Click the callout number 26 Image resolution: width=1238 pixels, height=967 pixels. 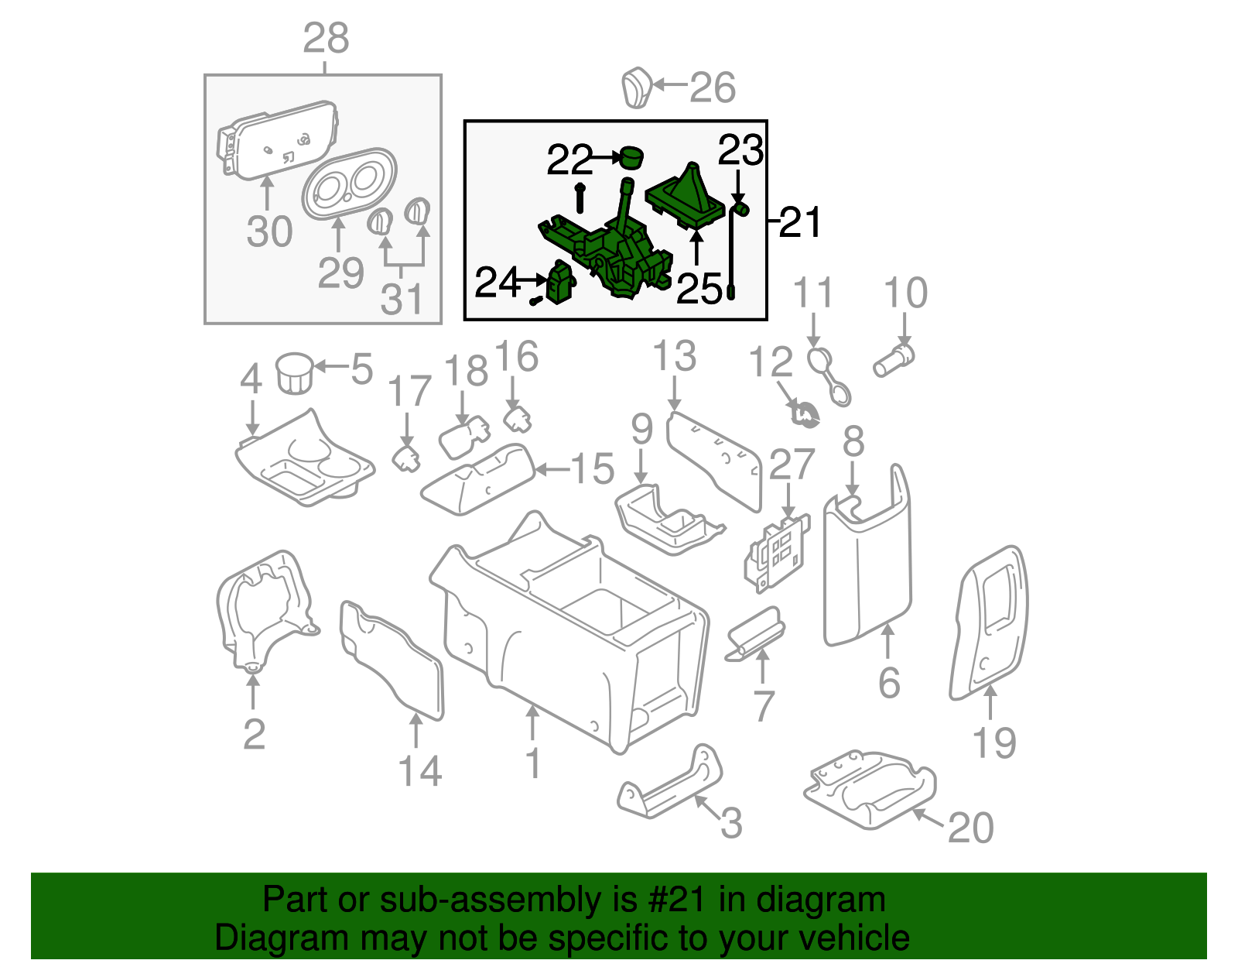tap(712, 87)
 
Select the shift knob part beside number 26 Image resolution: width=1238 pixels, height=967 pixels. tap(637, 87)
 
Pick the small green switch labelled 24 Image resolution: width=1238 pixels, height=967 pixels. tap(561, 282)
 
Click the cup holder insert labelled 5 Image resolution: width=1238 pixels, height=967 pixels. tap(295, 373)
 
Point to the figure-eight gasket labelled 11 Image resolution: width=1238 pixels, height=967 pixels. tap(829, 378)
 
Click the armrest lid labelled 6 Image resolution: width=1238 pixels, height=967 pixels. tap(867, 565)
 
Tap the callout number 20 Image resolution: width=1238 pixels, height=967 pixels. tap(970, 827)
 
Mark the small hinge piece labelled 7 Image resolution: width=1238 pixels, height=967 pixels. tap(754, 633)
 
